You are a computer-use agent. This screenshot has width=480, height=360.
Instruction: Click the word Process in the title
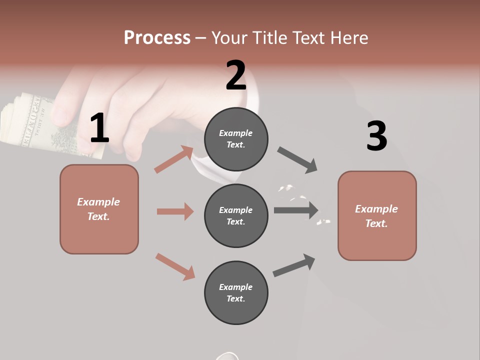(x=157, y=38)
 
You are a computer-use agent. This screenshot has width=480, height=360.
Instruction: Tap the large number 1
(x=99, y=128)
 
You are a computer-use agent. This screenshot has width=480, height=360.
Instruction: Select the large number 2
(x=236, y=75)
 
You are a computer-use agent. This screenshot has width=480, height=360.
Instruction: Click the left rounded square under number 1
(x=99, y=209)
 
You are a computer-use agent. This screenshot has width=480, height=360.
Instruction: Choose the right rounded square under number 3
(x=377, y=215)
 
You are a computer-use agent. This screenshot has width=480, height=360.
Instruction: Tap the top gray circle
(x=236, y=139)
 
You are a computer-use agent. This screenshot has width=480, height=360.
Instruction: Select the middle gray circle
(x=236, y=215)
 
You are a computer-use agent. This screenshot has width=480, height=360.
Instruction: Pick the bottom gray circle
(x=236, y=292)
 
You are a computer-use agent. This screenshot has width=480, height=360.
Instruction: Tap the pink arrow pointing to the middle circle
(x=175, y=211)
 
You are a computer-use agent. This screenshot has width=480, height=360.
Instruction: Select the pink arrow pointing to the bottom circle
(x=175, y=266)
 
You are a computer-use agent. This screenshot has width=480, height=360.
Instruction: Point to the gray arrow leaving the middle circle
(x=296, y=210)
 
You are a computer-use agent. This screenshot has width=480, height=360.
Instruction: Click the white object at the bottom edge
(x=227, y=356)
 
